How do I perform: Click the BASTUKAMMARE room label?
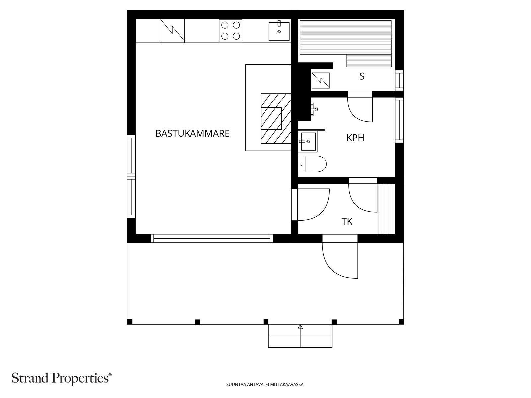[192, 133]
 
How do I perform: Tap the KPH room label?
[355, 138]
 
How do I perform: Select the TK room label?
[347, 221]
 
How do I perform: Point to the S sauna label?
[362, 76]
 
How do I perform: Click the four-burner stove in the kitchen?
[231, 31]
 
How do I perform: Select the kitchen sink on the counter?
[279, 31]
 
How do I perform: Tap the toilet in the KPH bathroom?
[312, 164]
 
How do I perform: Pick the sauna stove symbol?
[321, 81]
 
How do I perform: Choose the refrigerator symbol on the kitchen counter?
[172, 31]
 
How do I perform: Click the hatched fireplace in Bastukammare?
[276, 118]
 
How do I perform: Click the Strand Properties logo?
[62, 378]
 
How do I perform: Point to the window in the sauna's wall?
[399, 81]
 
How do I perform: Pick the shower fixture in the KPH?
[314, 109]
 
